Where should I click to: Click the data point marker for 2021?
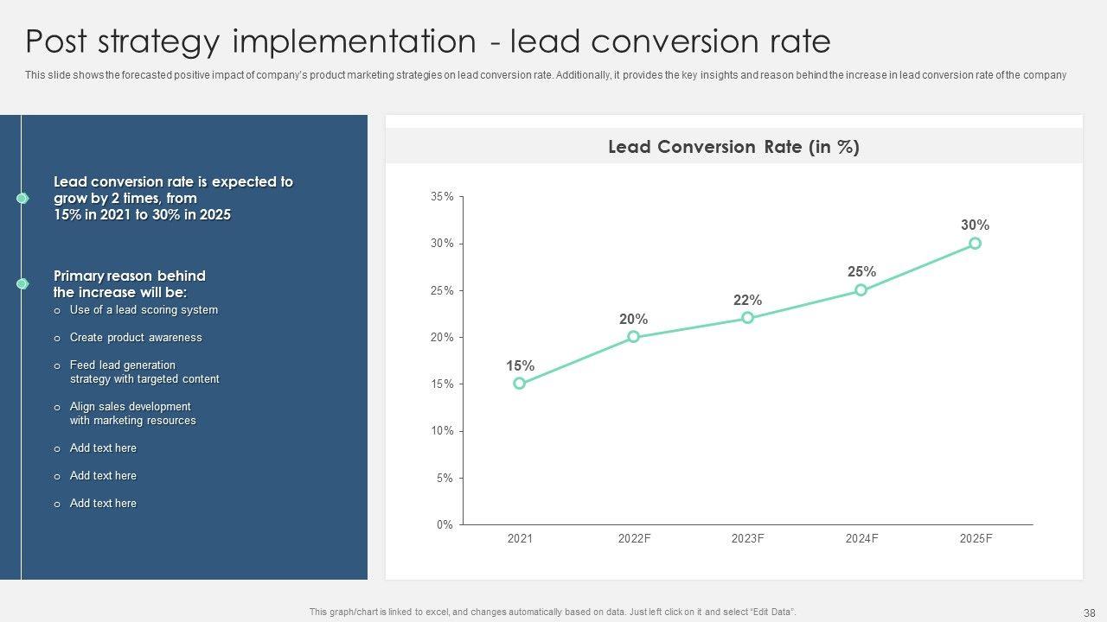[x=520, y=384]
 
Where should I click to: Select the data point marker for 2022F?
[x=634, y=337]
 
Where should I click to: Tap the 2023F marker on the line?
[x=748, y=318]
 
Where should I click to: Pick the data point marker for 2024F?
[x=861, y=290]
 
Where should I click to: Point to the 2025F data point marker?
[x=976, y=244]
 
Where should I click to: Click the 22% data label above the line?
[x=747, y=301]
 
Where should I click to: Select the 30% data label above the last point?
[x=975, y=225]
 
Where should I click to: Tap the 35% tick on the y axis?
[x=442, y=197]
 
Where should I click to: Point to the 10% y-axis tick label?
[x=442, y=431]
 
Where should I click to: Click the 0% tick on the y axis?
[x=445, y=524]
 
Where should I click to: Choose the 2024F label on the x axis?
[x=861, y=539]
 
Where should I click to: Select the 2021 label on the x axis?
[x=520, y=539]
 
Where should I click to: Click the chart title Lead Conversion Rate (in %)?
[x=733, y=147]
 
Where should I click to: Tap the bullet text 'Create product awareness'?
[x=136, y=338]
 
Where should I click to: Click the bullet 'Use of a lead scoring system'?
[x=144, y=310]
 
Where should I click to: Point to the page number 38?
[x=1089, y=612]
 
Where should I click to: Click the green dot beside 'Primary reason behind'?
[x=22, y=283]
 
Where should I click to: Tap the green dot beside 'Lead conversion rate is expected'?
[x=22, y=199]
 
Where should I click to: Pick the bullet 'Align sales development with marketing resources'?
[x=132, y=414]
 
